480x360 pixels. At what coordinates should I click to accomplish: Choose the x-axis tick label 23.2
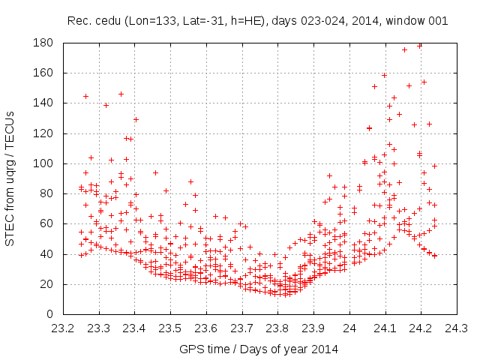tap(62, 328)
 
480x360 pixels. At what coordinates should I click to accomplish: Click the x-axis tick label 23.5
tap(170, 328)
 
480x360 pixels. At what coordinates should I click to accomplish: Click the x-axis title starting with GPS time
tap(259, 349)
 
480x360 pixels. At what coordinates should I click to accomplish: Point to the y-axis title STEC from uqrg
tap(10, 178)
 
